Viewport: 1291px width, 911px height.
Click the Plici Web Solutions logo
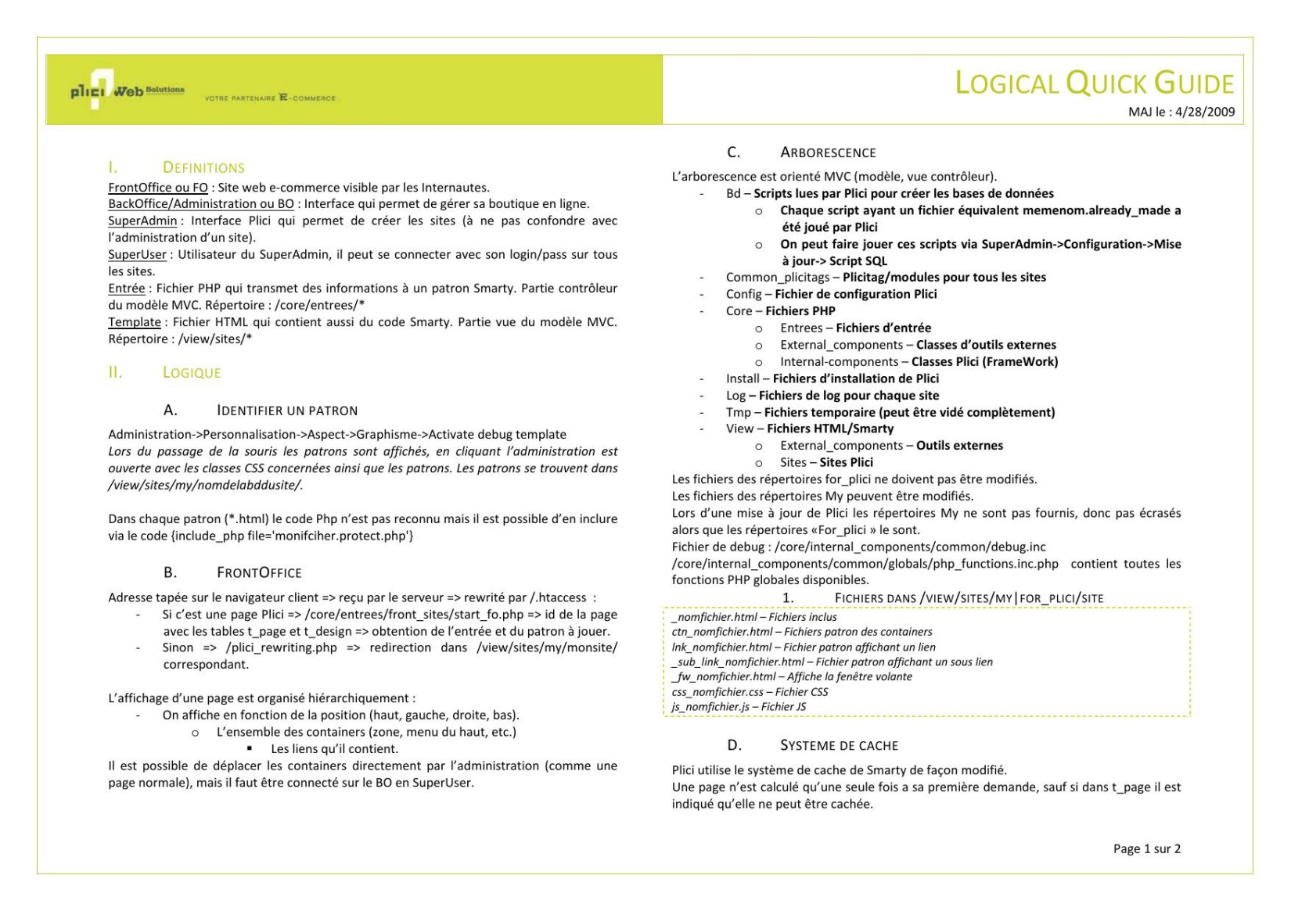click(x=128, y=91)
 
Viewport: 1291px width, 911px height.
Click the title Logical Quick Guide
click(x=1094, y=84)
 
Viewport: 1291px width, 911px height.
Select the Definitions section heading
click(x=203, y=167)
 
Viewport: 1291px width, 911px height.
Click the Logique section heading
click(x=192, y=373)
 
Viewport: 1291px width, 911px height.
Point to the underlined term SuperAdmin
click(x=142, y=221)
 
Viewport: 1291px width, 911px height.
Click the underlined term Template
click(x=135, y=322)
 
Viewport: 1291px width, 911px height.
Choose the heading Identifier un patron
click(x=287, y=411)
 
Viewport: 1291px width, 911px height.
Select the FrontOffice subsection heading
click(x=259, y=572)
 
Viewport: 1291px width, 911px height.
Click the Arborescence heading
click(x=828, y=152)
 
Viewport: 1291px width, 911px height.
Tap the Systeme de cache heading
click(x=839, y=746)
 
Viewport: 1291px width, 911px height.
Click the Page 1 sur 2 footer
click(x=1146, y=848)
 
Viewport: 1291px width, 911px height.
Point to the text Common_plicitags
click(x=777, y=278)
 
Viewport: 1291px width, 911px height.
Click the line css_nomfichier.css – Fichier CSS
click(x=750, y=692)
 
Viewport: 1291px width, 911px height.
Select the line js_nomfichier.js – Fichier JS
click(x=739, y=707)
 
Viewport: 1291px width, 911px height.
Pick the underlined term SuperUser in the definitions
click(x=137, y=255)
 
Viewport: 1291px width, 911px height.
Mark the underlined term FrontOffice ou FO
click(x=158, y=188)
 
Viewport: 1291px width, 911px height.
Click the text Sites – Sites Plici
click(x=826, y=462)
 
